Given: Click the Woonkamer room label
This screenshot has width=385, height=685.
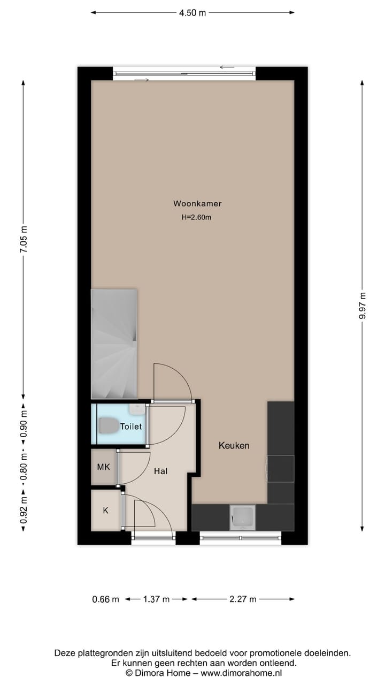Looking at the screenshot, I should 197,203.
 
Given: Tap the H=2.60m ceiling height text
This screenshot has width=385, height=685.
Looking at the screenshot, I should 197,217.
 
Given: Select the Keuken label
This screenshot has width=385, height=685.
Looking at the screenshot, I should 234,445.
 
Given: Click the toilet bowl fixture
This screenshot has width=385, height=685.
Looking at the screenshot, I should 109,426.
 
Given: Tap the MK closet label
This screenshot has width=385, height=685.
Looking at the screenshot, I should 103,467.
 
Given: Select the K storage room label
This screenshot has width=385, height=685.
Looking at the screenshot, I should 105,511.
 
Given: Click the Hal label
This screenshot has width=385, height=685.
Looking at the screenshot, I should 160,471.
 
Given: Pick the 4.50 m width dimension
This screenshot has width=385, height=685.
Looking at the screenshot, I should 192,13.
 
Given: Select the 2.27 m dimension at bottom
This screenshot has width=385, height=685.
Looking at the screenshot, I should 243,599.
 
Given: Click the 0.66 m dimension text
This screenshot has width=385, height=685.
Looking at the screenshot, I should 105,599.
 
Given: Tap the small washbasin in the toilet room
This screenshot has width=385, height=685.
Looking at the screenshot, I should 137,409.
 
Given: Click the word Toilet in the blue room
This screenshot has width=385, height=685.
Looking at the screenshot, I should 131,427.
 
